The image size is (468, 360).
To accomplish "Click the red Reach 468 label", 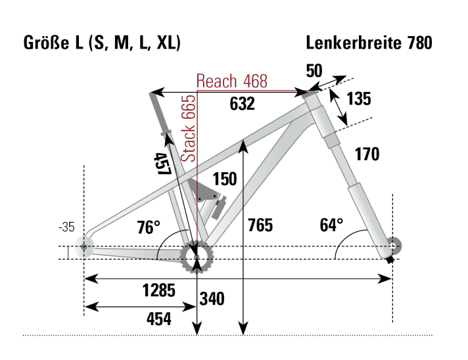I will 232,81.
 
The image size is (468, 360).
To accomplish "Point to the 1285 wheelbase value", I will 160,290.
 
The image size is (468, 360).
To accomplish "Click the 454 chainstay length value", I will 158,319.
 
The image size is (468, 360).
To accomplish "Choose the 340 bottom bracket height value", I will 212,300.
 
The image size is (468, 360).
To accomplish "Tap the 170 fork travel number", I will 367,155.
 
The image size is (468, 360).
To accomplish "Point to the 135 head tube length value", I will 358,99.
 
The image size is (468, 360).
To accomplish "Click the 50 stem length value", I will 314,70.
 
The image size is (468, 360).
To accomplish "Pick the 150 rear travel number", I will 224,179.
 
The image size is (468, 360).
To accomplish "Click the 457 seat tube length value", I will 162,163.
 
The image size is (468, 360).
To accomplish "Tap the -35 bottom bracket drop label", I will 66,227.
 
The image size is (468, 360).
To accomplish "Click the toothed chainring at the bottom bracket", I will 197,256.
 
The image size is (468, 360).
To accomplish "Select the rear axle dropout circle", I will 83,248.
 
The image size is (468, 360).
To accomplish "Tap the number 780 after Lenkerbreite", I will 418,43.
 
